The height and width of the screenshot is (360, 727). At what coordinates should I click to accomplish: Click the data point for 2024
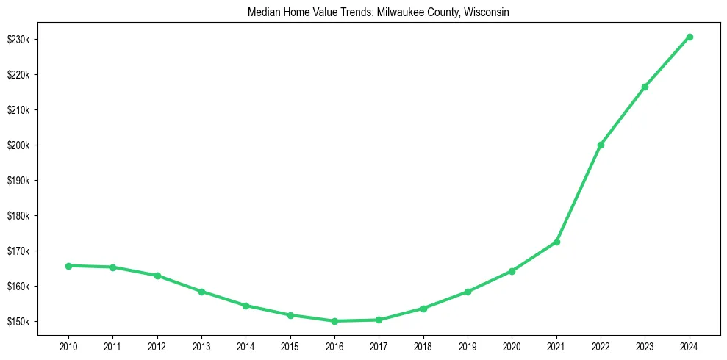coord(690,37)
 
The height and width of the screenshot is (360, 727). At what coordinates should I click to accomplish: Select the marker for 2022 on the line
coord(601,145)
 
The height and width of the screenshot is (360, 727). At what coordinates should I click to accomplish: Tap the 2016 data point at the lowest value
coord(334,321)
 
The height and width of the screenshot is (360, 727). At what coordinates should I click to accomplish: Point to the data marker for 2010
coord(68,266)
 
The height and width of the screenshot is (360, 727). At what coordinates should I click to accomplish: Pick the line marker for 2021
coord(556,242)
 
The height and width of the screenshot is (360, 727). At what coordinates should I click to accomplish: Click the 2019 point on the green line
coord(468,292)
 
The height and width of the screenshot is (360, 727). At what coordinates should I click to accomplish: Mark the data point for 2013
coord(201,292)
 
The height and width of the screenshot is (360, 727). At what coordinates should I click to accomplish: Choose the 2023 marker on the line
coord(645,87)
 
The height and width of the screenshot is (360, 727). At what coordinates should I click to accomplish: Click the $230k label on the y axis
coord(18,40)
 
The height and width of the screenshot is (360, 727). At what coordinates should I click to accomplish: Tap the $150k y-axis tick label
coord(18,322)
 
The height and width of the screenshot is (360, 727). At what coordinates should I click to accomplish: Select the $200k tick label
coord(18,145)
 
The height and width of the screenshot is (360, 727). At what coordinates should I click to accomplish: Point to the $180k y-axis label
coord(18,216)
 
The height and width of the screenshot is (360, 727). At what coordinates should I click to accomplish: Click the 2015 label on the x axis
coord(290,346)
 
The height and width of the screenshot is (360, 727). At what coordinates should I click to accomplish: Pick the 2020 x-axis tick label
coord(512,346)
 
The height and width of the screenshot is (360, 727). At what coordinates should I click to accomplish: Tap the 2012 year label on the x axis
coord(157,346)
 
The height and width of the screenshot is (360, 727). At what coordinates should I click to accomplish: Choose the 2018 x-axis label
coord(423,346)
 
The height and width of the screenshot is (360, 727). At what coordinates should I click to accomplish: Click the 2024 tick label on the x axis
coord(690,346)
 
